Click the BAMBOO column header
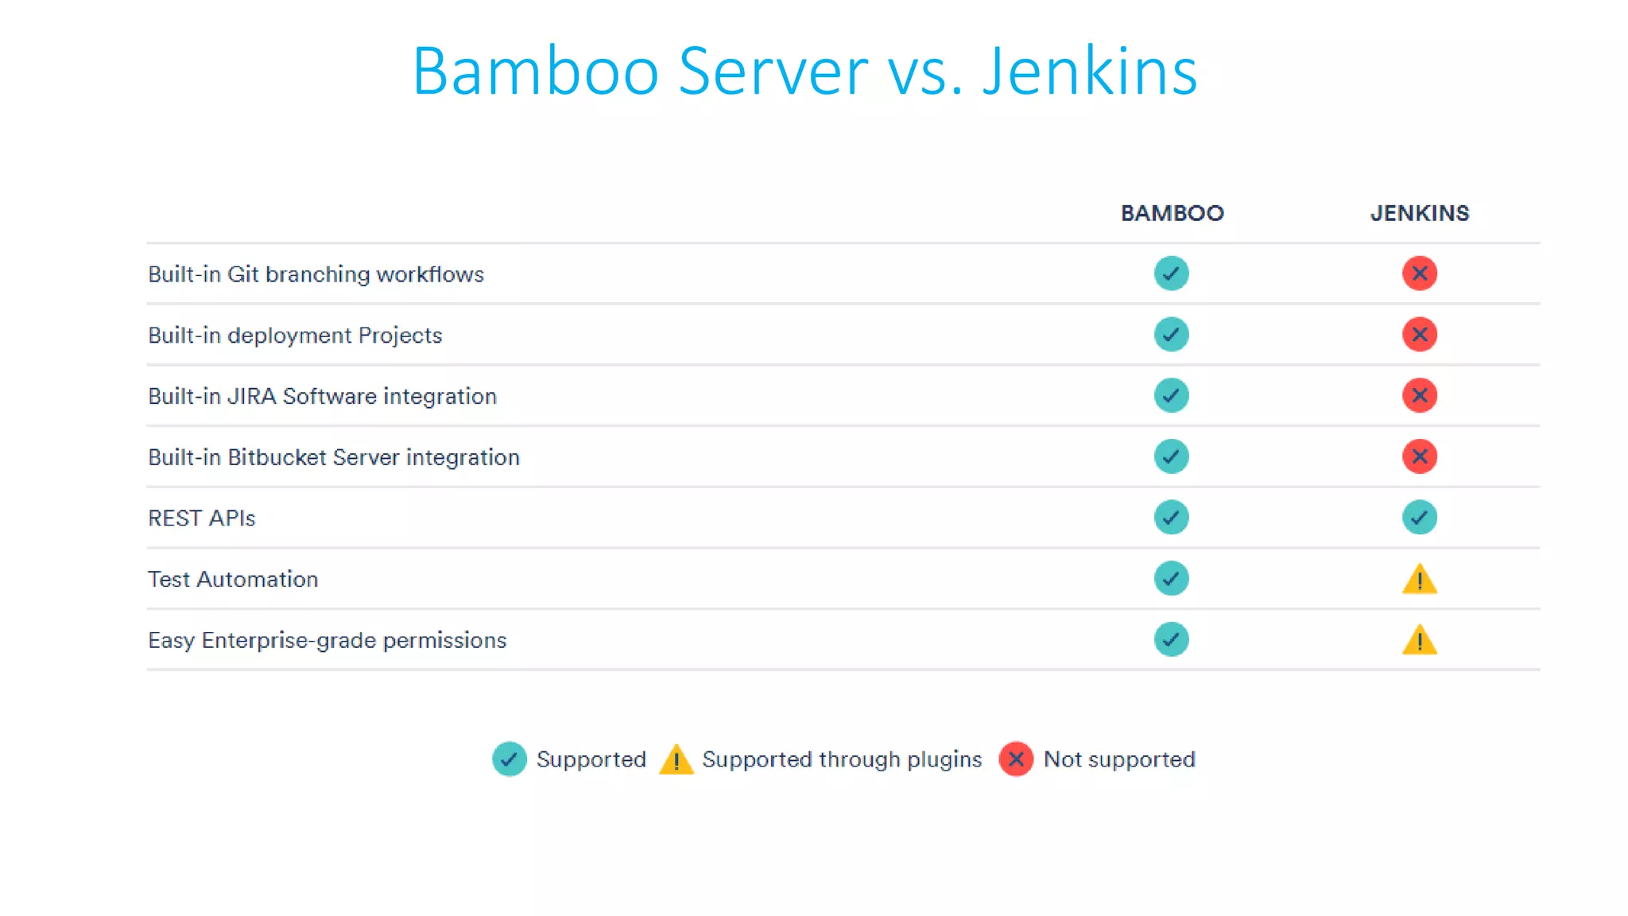[1172, 213]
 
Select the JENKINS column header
[1419, 213]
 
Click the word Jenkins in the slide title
[1089, 72]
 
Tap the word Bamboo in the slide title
[535, 72]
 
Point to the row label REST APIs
[201, 518]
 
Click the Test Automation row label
[233, 579]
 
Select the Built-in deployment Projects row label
[295, 335]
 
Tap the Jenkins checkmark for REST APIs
[1419, 518]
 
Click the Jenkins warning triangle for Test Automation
[1419, 580]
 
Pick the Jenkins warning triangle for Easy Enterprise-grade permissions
[1419, 641]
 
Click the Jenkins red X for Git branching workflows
[1419, 274]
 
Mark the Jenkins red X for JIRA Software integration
[1419, 395]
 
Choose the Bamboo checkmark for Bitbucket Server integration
[1171, 456]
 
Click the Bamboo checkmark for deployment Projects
[1171, 335]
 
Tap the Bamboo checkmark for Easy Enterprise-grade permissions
[1171, 640]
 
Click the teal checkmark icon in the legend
[509, 759]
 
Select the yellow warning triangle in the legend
[676, 760]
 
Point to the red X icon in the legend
[1015, 759]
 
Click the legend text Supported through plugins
[842, 759]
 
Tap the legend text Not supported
[1118, 759]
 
